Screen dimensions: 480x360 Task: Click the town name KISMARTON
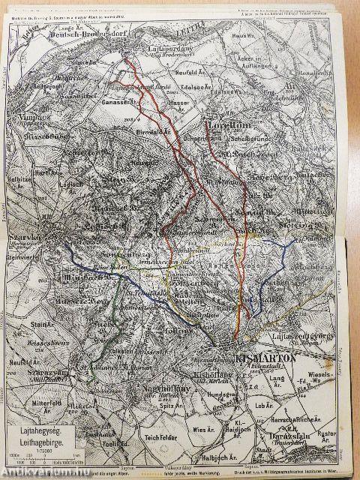pyautogui.click(x=260, y=358)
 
